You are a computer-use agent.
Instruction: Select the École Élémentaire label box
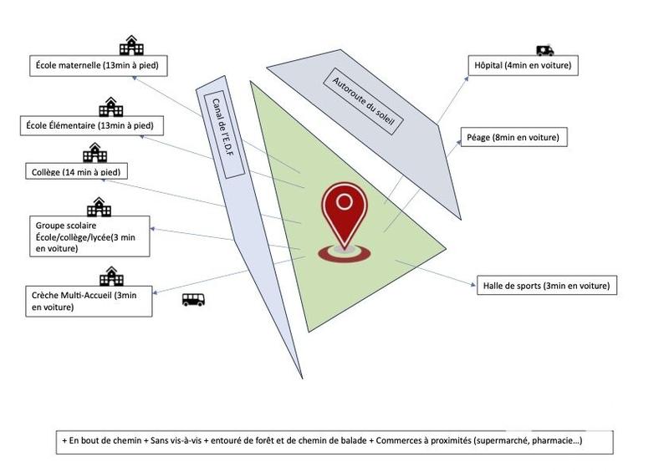tap(91, 125)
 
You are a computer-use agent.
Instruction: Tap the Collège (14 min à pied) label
tap(80, 172)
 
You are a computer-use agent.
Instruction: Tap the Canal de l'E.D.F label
tap(223, 134)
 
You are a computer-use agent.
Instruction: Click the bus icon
tap(193, 300)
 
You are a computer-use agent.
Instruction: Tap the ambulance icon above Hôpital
tap(545, 51)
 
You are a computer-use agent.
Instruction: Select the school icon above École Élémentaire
tap(110, 107)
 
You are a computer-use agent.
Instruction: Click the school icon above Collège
tap(94, 154)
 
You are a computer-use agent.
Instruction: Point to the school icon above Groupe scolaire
tap(99, 206)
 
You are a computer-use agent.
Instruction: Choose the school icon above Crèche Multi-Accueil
tap(110, 276)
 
